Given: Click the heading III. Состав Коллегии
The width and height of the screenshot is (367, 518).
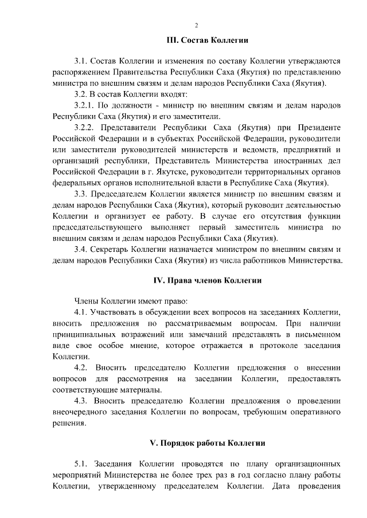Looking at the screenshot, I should pyautogui.click(x=206, y=41).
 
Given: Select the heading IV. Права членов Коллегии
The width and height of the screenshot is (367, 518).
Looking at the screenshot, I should pyautogui.click(x=208, y=280).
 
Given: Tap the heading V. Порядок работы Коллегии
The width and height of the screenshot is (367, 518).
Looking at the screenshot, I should pyautogui.click(x=207, y=444).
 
